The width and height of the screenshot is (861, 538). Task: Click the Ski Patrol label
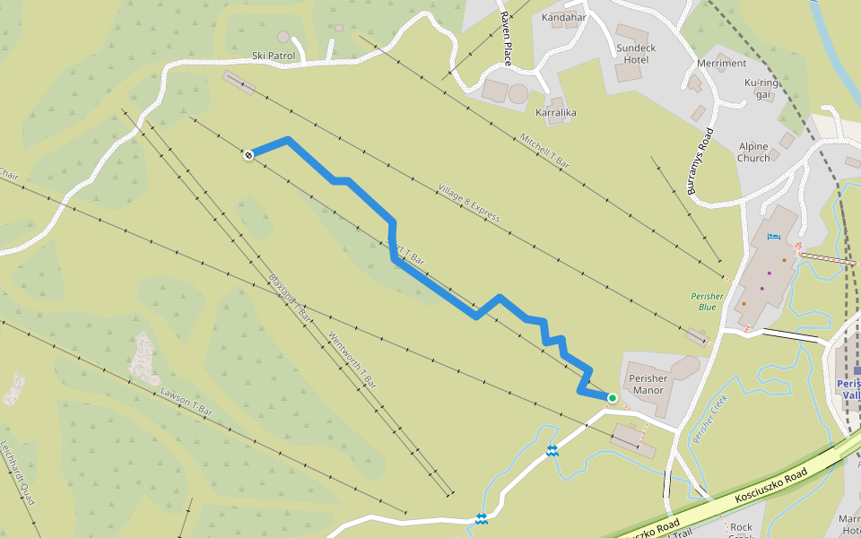(274, 56)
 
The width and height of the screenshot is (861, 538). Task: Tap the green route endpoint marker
(613, 397)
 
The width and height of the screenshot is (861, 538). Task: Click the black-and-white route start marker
(248, 155)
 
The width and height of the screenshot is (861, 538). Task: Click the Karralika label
(555, 113)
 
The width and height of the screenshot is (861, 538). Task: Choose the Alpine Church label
(753, 152)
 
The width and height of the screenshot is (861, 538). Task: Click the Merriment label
(721, 64)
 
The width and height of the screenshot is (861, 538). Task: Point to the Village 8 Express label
(468, 203)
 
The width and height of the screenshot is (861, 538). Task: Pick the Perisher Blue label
(707, 300)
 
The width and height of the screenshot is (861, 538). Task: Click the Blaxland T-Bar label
(290, 297)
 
